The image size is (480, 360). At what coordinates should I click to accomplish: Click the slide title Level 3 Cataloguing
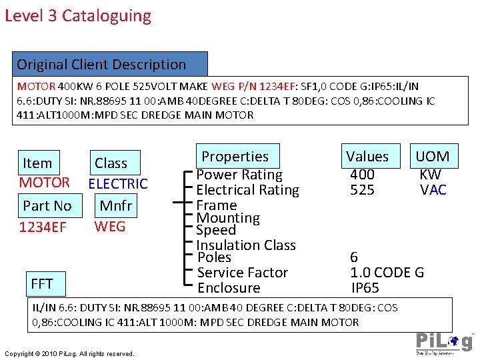(x=78, y=16)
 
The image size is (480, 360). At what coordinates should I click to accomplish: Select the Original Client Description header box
(x=110, y=64)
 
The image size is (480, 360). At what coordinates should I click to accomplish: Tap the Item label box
(x=37, y=163)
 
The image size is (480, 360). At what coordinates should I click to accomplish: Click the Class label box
(x=111, y=163)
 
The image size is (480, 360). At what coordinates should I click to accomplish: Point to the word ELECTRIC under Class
(x=118, y=183)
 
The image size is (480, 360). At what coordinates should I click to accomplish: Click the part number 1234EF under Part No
(x=43, y=227)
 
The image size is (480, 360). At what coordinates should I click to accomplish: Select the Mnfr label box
(x=116, y=205)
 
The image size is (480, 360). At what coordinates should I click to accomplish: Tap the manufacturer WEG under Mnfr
(x=110, y=226)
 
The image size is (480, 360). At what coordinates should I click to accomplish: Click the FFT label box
(x=42, y=283)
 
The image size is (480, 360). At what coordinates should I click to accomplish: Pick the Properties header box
(x=235, y=157)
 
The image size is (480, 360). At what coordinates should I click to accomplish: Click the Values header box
(x=367, y=157)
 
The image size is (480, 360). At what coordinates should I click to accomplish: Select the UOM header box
(x=433, y=157)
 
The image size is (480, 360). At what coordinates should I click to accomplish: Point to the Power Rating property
(x=239, y=175)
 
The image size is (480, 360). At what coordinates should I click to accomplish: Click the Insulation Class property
(x=246, y=245)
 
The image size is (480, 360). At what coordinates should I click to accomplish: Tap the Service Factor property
(x=243, y=272)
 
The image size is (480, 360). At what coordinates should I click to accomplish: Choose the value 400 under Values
(x=362, y=175)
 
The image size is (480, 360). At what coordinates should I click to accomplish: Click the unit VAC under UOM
(x=433, y=190)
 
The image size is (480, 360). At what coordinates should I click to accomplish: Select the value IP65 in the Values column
(x=365, y=288)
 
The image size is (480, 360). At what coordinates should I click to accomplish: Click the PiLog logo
(x=444, y=341)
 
